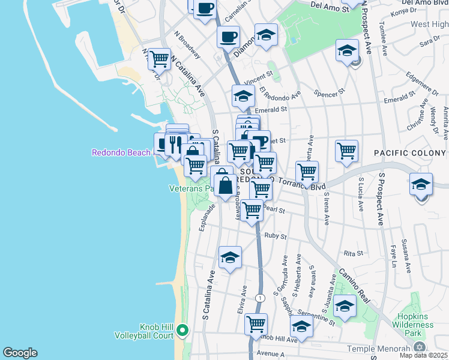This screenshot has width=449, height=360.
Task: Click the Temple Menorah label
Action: click(x=382, y=348)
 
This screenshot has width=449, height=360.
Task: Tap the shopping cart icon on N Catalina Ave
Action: click(x=159, y=59)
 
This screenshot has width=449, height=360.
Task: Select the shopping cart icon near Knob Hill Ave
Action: click(x=256, y=325)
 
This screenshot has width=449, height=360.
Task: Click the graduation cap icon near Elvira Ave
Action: click(x=230, y=258)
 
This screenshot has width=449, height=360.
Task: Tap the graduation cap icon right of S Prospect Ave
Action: click(x=421, y=184)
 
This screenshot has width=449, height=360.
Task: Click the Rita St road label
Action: click(x=353, y=253)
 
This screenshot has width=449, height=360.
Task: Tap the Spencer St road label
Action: click(x=330, y=93)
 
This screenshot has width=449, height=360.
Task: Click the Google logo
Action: click(x=20, y=353)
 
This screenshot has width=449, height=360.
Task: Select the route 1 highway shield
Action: click(x=259, y=298)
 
